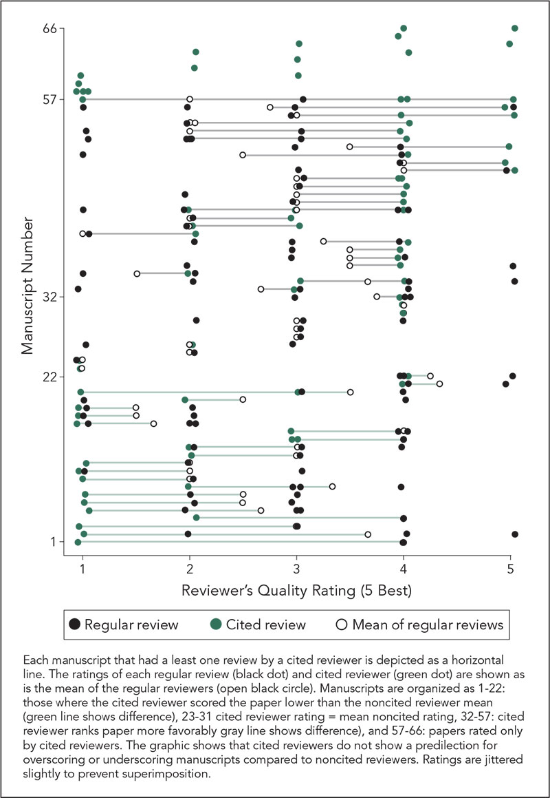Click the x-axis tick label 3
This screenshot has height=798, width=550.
[x=296, y=570]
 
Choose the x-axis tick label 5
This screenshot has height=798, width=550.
[x=510, y=570]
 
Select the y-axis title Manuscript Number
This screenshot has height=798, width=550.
[x=27, y=286]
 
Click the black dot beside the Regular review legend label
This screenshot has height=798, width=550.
[x=74, y=625]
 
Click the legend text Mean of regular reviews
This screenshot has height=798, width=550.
[x=428, y=625]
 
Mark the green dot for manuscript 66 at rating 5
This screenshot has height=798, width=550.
[x=515, y=28]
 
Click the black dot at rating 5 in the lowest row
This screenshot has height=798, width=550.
[x=515, y=534]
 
